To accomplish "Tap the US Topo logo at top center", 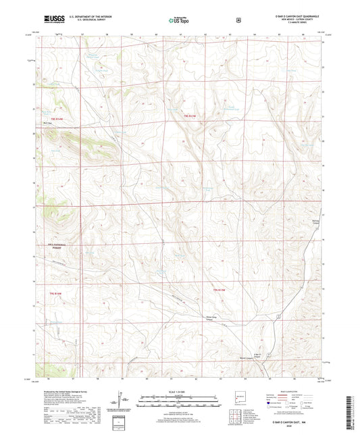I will click(179, 20).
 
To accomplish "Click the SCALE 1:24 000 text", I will click(179, 392).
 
